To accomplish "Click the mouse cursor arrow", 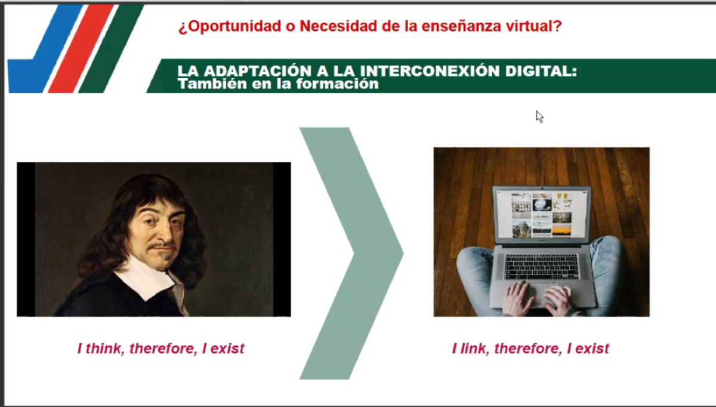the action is [539, 117].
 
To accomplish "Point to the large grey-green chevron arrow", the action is [351, 253].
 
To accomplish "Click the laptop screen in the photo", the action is [542, 215].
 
